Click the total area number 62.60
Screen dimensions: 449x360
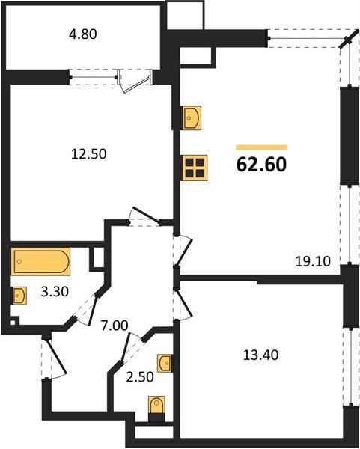point(261,164)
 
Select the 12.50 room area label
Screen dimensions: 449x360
point(89,154)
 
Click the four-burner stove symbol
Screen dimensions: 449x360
point(194,168)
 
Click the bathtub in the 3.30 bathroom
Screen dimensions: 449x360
point(41,263)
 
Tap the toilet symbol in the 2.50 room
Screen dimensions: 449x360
point(157,407)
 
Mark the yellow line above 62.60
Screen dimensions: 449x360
point(261,147)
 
